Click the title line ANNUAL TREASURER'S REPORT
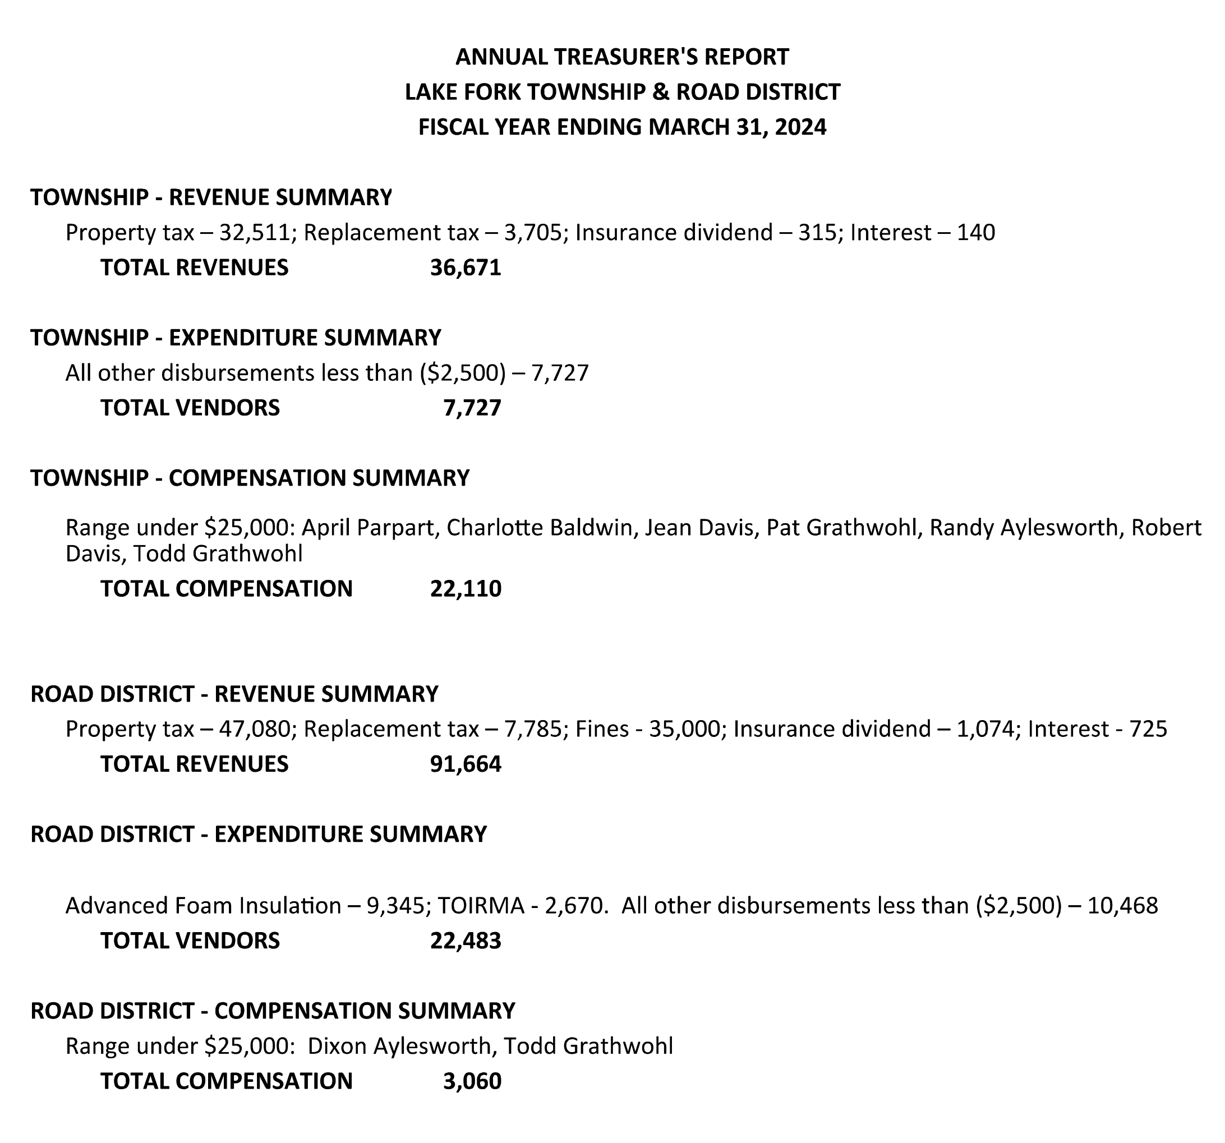pyautogui.click(x=621, y=57)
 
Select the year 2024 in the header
pyautogui.click(x=800, y=127)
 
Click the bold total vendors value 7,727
pyautogui.click(x=472, y=408)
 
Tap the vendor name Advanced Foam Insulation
pyautogui.click(x=202, y=905)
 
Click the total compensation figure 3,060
pyautogui.click(x=472, y=1081)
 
